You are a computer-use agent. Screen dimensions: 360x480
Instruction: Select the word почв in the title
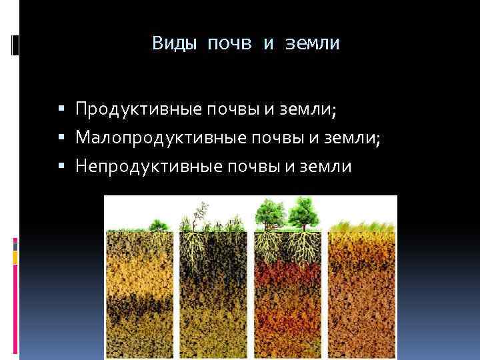(231, 44)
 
